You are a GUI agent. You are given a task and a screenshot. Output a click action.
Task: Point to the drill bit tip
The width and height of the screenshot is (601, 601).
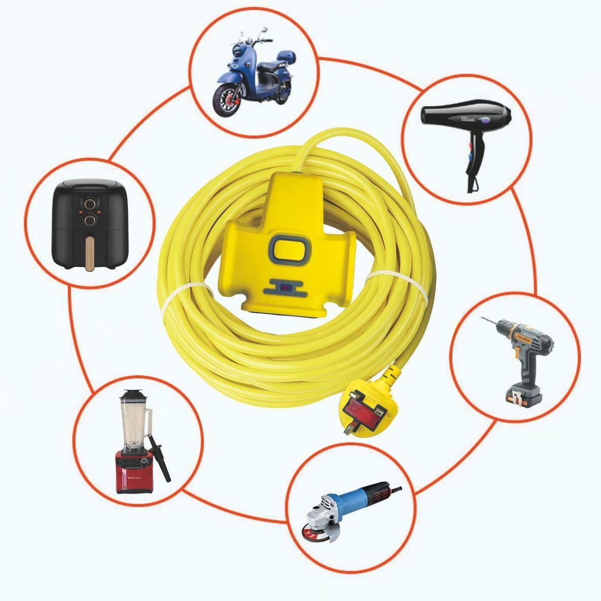(482, 319)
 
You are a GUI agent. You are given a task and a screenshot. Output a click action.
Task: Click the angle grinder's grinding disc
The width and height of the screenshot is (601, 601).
(313, 536)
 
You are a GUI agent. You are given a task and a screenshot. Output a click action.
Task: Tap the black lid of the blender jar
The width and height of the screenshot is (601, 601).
(133, 394)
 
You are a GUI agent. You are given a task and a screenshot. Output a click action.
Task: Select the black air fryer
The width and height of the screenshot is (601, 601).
(89, 224)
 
